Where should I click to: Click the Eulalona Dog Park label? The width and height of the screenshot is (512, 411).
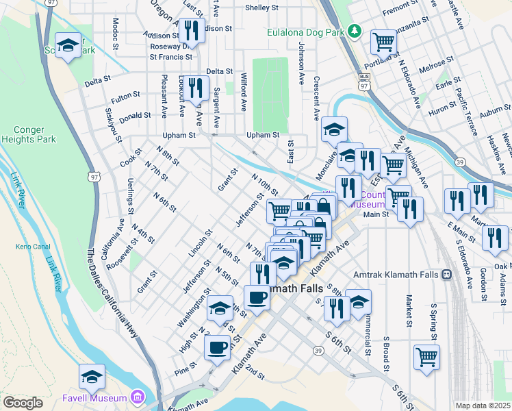tap(305, 32)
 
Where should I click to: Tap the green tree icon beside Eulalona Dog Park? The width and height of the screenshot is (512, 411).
tap(353, 31)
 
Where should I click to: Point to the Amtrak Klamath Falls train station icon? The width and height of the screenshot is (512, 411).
tap(446, 275)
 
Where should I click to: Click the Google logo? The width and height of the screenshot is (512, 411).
tap(23, 403)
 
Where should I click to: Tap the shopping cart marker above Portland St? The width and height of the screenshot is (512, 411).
tap(384, 42)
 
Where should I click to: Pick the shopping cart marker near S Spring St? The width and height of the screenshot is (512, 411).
tap(426, 357)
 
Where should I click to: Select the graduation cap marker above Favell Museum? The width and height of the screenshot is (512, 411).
tap(92, 376)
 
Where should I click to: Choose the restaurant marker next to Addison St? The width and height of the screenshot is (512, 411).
tap(191, 30)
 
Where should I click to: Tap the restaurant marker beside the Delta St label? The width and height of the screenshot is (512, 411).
tap(196, 86)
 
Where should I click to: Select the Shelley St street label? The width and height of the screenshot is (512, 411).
tap(262, 8)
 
